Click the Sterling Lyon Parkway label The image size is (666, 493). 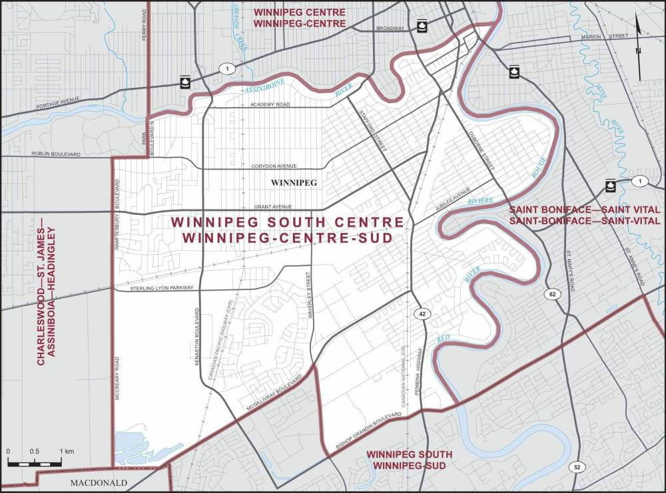coord(154,288)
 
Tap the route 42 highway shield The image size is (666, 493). coord(422,313)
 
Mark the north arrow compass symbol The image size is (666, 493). coord(638,46)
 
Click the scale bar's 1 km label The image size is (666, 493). coord(66,452)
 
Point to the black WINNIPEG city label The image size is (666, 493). coord(293,182)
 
